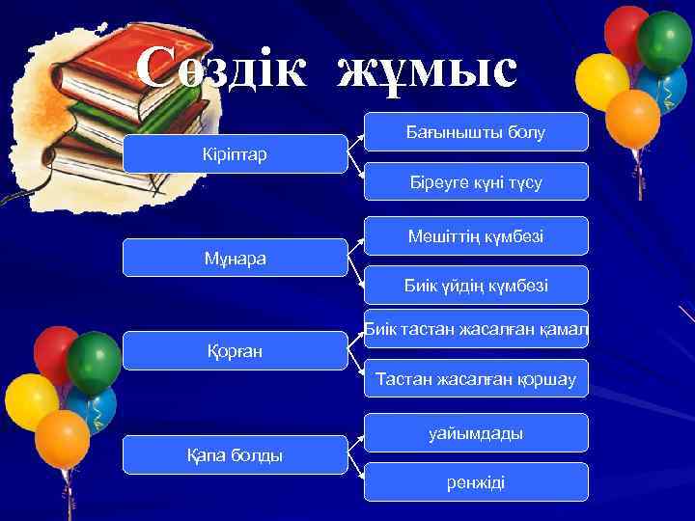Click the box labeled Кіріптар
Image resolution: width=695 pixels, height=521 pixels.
point(236,154)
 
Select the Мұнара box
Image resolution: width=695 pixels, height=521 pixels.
point(236,259)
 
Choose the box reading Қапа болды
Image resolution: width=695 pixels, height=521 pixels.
point(236,454)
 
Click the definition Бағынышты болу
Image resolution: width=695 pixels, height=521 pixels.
point(476,132)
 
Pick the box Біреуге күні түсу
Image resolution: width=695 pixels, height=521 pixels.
point(476,181)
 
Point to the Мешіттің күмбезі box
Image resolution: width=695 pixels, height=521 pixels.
point(476,235)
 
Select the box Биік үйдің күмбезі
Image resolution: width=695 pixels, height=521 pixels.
point(476,285)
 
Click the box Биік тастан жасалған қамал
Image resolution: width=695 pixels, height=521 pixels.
point(476,329)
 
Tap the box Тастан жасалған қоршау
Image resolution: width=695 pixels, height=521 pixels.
point(476,379)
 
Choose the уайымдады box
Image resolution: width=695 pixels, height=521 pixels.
point(476,433)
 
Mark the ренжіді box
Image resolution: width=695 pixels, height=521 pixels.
point(476,481)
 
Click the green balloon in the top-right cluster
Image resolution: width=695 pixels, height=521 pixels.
point(665,41)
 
